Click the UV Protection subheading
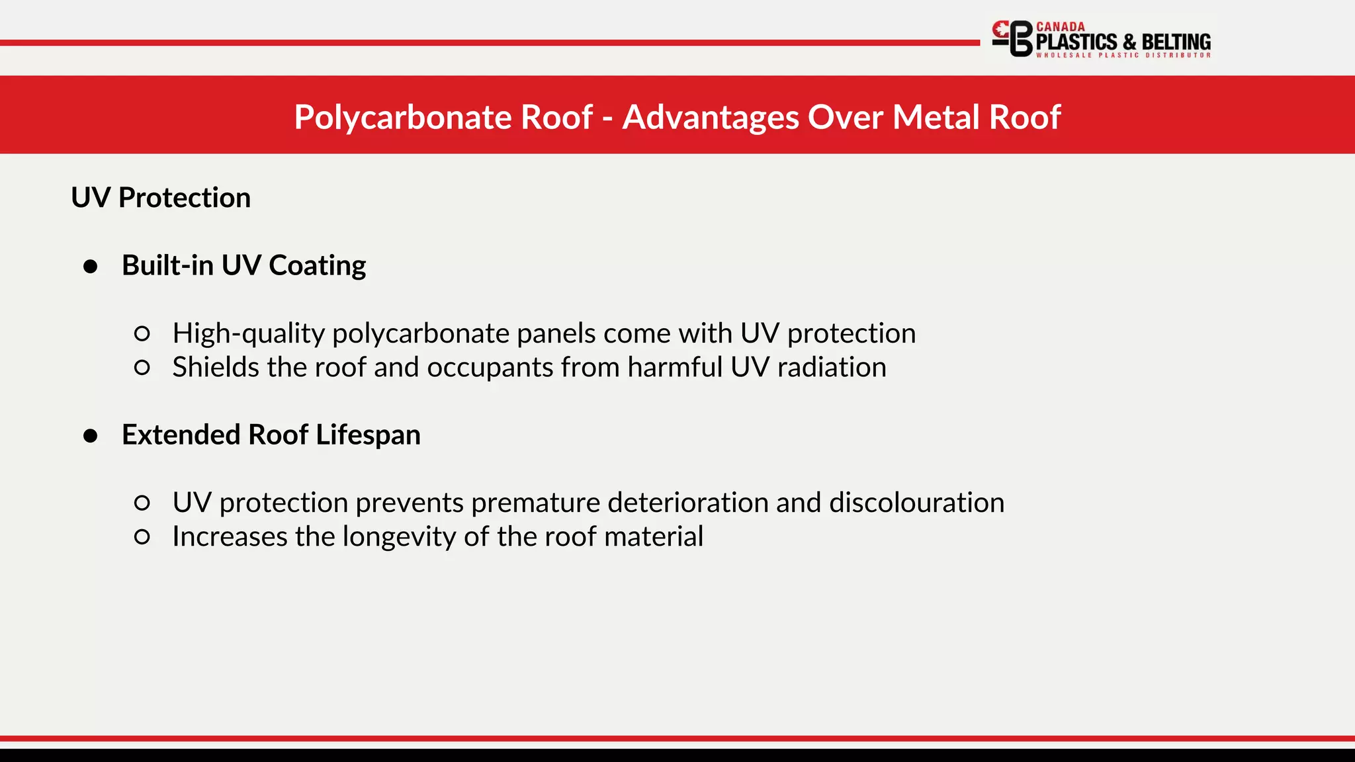click(x=161, y=198)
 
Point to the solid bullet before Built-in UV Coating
click(x=91, y=267)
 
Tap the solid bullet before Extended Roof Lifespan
click(x=91, y=436)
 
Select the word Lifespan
click(x=368, y=435)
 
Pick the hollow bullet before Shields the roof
click(x=142, y=368)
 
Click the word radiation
click(x=832, y=367)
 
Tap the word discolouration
click(x=916, y=503)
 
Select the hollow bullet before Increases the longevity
click(x=142, y=536)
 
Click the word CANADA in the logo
click(x=1061, y=27)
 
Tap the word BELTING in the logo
click(x=1176, y=42)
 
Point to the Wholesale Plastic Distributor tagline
click(x=1123, y=56)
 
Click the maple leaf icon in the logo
click(x=1002, y=29)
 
